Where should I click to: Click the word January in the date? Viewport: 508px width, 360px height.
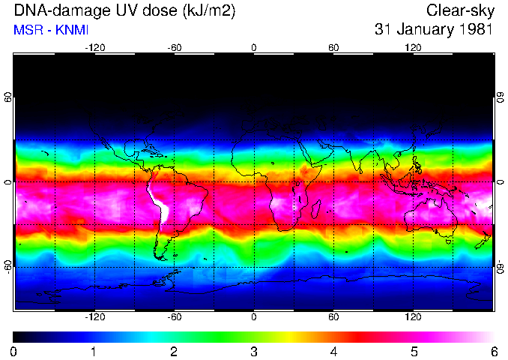[423, 30]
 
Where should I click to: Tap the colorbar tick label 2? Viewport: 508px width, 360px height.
[173, 352]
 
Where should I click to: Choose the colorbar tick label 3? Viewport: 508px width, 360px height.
[253, 352]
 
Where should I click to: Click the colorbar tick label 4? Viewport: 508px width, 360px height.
[333, 352]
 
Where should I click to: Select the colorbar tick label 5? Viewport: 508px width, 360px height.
[414, 352]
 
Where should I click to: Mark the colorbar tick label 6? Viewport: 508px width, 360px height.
[493, 352]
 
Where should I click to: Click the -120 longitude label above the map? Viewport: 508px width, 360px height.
[94, 48]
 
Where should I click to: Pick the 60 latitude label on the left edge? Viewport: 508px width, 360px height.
[9, 97]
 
